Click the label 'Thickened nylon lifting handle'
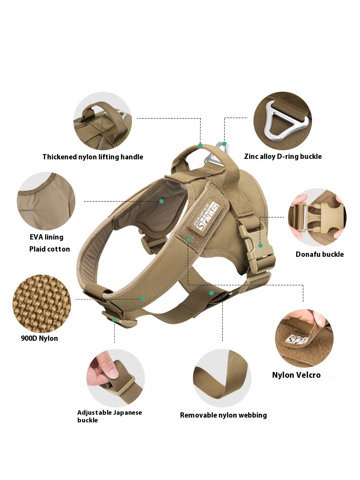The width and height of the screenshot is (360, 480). [93, 157]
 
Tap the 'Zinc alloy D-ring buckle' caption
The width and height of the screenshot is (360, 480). [283, 156]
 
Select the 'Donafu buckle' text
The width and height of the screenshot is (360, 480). [319, 254]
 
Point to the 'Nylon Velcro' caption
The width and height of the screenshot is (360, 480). [296, 375]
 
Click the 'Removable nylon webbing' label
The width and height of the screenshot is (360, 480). [223, 415]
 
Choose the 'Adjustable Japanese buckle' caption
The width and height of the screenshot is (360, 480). [109, 416]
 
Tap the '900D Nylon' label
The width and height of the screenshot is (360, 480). [39, 338]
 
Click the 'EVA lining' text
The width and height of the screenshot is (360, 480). [46, 237]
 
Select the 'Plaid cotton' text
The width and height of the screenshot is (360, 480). [49, 249]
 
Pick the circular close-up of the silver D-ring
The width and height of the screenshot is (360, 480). [283, 120]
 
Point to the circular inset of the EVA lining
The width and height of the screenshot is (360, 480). [46, 201]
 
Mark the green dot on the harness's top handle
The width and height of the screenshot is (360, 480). [201, 144]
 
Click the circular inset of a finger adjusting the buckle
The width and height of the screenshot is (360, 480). [116, 378]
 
